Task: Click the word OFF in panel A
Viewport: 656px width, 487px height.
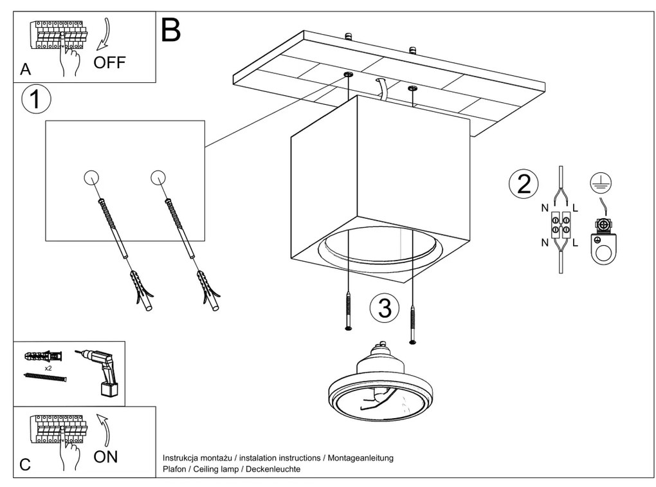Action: pos(109,62)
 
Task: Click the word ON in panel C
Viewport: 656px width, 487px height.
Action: pos(105,457)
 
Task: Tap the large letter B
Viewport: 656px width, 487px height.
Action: pos(170,30)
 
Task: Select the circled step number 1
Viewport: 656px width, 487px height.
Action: pos(35,100)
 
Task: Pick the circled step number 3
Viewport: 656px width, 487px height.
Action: pos(385,309)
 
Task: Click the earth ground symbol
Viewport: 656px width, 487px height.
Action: pos(601,183)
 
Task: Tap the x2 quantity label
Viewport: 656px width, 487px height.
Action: pos(48,368)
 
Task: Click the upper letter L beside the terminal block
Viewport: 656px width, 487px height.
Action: pos(575,208)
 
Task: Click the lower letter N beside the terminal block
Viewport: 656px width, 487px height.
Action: pos(545,243)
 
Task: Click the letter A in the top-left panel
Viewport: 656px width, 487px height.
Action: pos(25,69)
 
